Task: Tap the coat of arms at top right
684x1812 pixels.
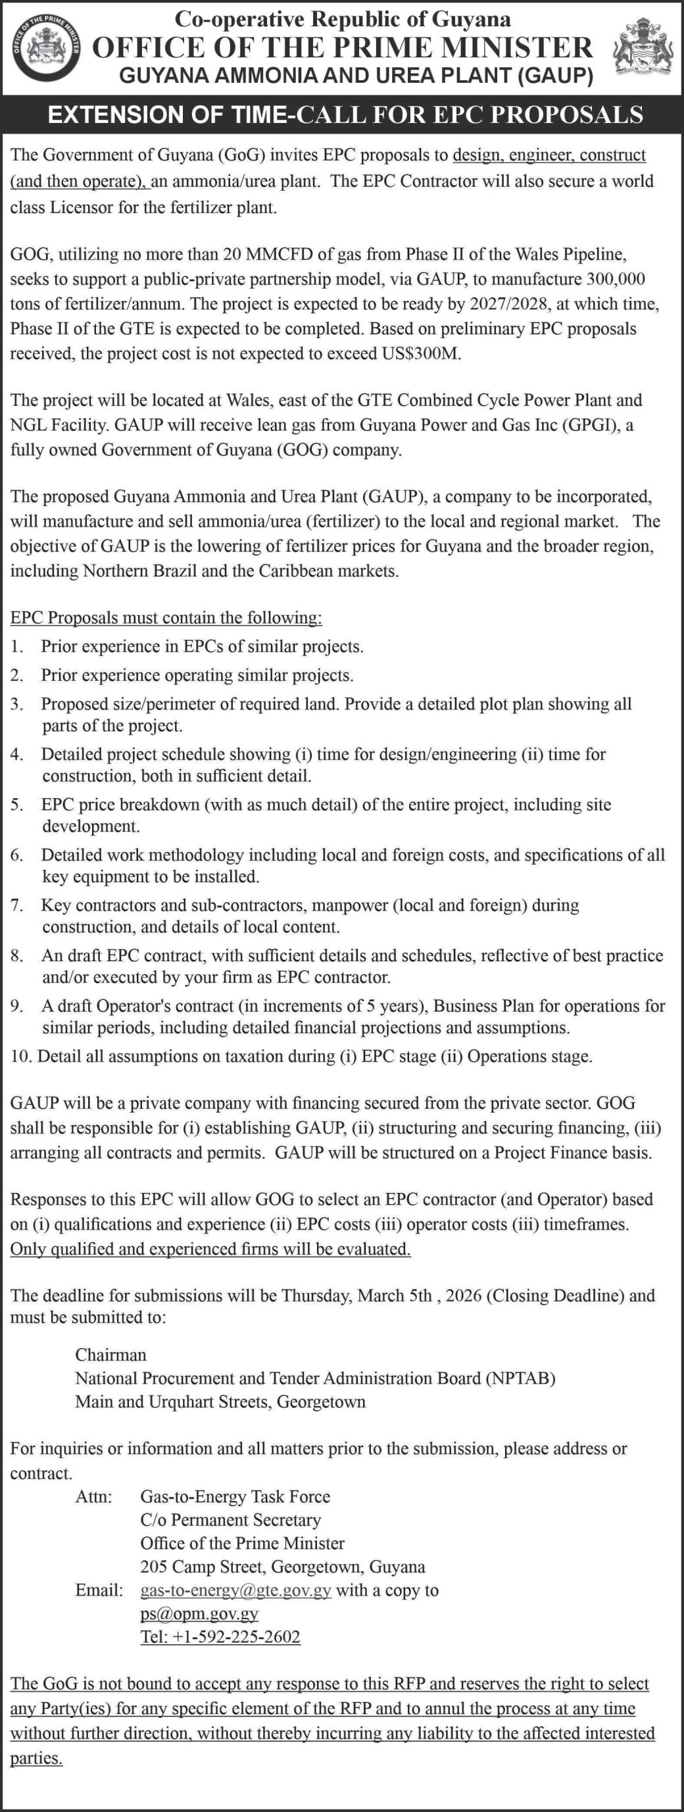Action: (x=643, y=48)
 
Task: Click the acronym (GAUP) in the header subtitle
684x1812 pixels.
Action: (x=554, y=76)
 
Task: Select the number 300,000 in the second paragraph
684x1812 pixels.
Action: (x=613, y=279)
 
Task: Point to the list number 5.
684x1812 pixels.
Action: (x=16, y=805)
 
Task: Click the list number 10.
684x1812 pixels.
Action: (x=20, y=1057)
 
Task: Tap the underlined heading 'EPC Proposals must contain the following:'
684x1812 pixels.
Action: (x=166, y=618)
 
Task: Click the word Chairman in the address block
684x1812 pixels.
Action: (x=111, y=1355)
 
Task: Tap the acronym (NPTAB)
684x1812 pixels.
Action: (x=520, y=1378)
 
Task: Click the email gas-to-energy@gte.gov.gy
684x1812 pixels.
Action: (x=235, y=1590)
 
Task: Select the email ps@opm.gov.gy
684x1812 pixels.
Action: (x=199, y=1614)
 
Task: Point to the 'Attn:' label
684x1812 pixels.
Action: (x=93, y=1496)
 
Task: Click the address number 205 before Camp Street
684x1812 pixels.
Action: (x=153, y=1567)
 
